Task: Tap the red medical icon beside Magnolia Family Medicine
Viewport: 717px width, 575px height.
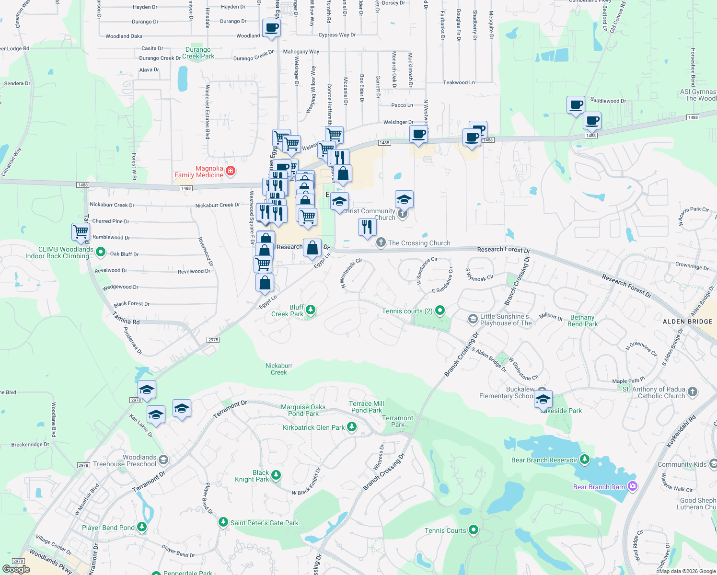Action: point(231,171)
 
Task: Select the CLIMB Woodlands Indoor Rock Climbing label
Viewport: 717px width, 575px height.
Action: point(60,253)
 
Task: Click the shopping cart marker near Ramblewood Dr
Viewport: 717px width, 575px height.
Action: point(81,231)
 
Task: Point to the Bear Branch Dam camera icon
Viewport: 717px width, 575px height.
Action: point(632,486)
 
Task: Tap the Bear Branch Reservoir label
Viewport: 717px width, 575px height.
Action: point(544,460)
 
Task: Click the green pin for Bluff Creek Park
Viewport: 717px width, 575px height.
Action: point(311,310)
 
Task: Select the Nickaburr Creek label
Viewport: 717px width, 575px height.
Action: point(279,369)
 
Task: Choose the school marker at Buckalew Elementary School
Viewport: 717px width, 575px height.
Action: point(543,399)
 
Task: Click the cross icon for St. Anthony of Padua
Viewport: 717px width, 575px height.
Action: point(692,392)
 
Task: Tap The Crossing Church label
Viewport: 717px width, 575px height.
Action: point(419,243)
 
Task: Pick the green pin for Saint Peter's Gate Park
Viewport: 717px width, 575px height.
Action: point(223,522)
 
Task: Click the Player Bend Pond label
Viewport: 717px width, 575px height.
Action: point(108,528)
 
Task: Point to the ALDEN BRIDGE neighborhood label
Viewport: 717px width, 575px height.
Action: point(687,322)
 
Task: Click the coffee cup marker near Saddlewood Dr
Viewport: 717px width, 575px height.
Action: point(576,104)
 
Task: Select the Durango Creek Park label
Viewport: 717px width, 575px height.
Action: point(198,53)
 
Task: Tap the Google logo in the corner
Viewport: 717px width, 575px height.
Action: point(16,569)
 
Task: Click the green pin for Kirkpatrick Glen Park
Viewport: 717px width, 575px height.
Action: point(352,426)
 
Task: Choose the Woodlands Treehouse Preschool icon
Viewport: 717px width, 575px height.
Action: point(163,460)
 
